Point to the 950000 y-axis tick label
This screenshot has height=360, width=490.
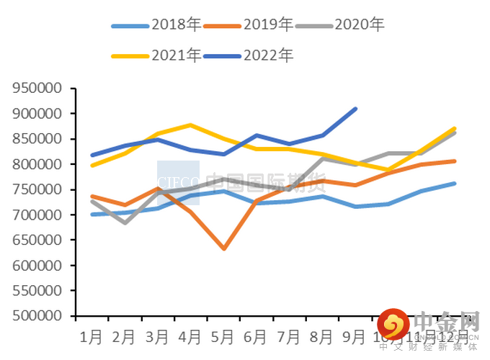41,89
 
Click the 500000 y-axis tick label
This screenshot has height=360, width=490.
41,316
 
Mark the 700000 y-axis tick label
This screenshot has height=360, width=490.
41,215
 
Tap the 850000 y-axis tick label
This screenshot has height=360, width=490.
41,139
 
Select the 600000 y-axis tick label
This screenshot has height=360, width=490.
41,266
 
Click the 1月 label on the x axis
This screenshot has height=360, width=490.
91,336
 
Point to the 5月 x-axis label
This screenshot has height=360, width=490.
223,336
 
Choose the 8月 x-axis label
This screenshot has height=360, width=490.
322,336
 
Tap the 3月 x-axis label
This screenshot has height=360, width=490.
157,336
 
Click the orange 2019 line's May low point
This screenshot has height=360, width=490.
224,248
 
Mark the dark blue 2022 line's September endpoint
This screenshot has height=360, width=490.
355,109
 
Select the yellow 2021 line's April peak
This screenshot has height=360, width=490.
190,125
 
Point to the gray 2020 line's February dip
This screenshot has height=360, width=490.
125,222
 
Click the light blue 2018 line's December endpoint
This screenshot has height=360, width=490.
454,184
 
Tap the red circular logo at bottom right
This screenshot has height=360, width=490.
393,324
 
